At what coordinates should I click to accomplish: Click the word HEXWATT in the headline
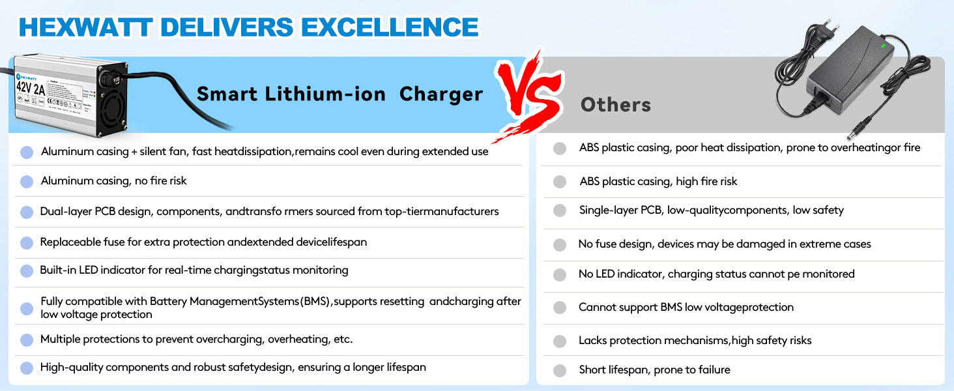(x=85, y=27)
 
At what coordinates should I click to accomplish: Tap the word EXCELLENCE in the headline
(x=390, y=27)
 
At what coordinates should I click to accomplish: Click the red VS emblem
(x=529, y=94)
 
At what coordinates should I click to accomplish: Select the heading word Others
(x=615, y=105)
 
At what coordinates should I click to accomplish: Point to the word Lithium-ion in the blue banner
(x=325, y=94)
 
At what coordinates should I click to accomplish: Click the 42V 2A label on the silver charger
(x=30, y=88)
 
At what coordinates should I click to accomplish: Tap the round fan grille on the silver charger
(x=112, y=109)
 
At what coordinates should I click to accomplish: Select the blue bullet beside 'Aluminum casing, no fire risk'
(x=27, y=182)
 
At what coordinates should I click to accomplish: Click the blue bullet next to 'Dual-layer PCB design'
(x=27, y=212)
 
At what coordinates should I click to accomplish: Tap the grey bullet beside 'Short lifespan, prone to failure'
(x=560, y=371)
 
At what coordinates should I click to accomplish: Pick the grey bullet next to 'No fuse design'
(x=560, y=245)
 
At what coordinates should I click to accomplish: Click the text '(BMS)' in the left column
(x=315, y=302)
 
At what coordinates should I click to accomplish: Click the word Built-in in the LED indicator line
(x=58, y=270)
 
